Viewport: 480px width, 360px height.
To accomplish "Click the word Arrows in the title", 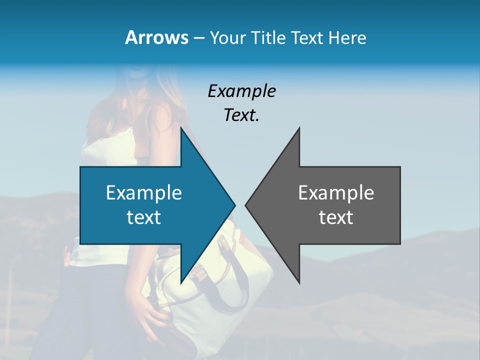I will (156, 37).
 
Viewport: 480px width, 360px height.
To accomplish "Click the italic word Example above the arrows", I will (241, 91).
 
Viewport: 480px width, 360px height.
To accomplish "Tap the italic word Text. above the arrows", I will (241, 115).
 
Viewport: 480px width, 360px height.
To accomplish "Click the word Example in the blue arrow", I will (144, 192).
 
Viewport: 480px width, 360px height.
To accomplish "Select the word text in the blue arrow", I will (144, 217).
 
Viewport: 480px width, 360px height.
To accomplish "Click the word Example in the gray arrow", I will (336, 192).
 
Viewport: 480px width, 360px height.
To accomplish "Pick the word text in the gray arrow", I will (336, 217).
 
